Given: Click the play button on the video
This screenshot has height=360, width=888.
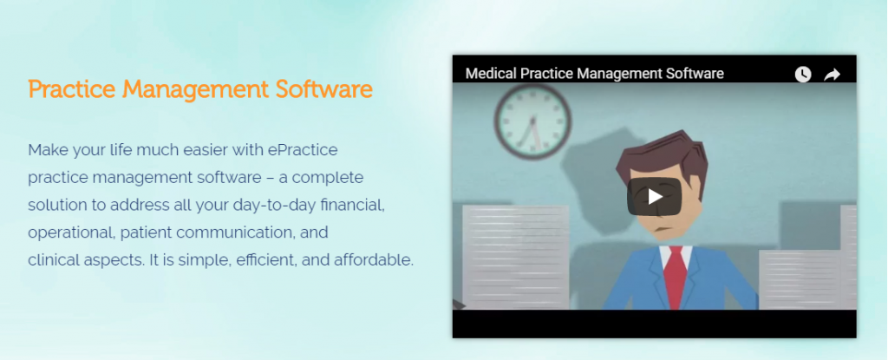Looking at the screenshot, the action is (654, 197).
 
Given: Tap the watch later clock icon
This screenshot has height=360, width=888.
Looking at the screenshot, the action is (803, 75).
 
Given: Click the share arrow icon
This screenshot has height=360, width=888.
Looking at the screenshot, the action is (832, 75).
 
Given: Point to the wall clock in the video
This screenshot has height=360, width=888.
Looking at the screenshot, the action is (532, 121).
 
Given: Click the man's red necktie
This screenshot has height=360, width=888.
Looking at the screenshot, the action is (675, 278).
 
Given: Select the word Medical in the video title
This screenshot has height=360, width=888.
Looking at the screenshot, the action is (491, 74).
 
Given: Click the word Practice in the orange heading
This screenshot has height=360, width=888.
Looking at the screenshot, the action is (73, 89).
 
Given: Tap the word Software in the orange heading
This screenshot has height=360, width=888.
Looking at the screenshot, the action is (324, 89).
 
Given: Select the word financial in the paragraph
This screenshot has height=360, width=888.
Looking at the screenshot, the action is (353, 206).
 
